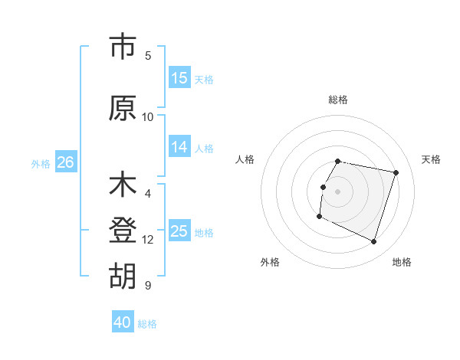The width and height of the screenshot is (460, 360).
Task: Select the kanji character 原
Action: click(x=122, y=108)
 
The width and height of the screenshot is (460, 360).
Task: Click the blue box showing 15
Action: click(x=179, y=78)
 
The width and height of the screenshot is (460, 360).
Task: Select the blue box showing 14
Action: click(x=179, y=147)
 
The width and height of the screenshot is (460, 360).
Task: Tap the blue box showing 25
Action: click(x=179, y=231)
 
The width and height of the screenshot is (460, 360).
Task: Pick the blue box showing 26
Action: click(x=65, y=162)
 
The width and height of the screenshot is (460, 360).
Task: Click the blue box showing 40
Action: click(x=123, y=322)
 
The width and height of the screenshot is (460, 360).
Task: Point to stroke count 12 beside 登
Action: click(x=148, y=240)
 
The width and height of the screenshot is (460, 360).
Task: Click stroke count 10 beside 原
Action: click(x=148, y=117)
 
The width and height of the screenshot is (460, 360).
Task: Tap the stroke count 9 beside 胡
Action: click(x=148, y=286)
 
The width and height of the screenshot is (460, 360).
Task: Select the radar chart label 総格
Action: click(x=338, y=100)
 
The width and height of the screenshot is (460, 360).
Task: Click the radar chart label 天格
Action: click(x=431, y=159)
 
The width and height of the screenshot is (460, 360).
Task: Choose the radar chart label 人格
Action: click(x=245, y=159)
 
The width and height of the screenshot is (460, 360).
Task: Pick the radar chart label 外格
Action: click(x=270, y=262)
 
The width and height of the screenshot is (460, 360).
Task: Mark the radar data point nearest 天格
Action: click(x=396, y=173)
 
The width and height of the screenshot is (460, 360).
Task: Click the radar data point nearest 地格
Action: click(x=373, y=242)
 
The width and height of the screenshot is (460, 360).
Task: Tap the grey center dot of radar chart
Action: click(x=338, y=191)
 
